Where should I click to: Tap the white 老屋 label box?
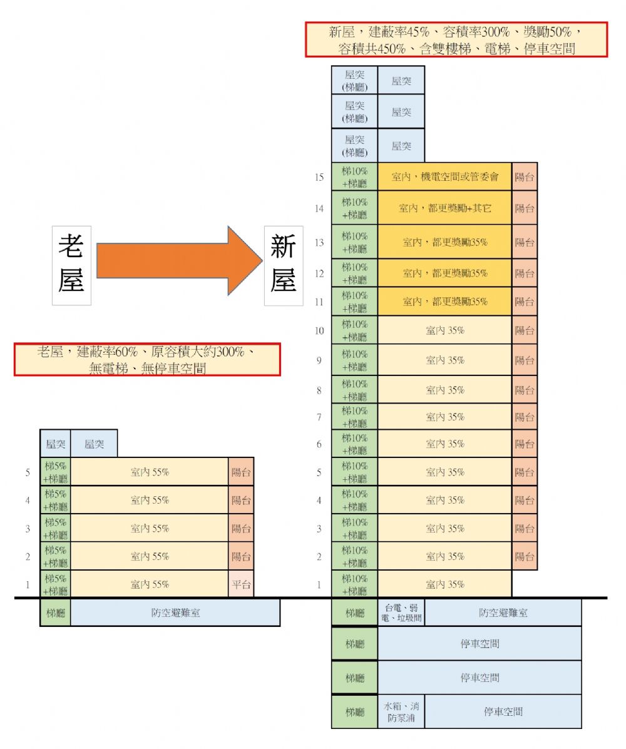point(71,265)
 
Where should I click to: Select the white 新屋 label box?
point(284,265)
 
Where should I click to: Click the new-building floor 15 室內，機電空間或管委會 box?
point(444,177)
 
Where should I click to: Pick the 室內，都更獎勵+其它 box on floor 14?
point(444,208)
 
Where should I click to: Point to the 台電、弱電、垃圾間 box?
point(401,613)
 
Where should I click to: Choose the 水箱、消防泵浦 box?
point(401,711)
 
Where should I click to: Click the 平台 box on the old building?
point(241,584)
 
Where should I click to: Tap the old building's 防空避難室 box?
point(175,613)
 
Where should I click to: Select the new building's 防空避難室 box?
point(503,613)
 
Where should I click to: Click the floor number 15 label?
point(319,178)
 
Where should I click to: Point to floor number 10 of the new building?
point(319,330)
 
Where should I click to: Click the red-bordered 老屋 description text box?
point(147,360)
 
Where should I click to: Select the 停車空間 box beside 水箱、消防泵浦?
point(503,711)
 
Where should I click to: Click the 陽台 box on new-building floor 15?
point(525,177)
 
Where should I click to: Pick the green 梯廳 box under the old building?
point(55,613)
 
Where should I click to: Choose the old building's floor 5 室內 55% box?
point(150,472)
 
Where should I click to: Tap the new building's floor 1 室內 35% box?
point(444,584)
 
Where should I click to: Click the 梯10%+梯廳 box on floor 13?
point(355,242)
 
